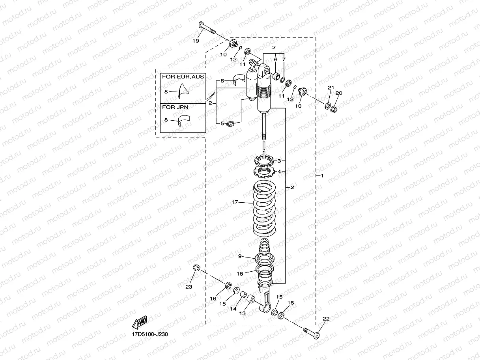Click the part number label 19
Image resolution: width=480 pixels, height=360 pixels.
[x=196, y=41]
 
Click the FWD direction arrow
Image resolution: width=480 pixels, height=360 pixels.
[x=140, y=323]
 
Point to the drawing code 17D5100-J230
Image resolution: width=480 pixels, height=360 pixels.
[x=152, y=334]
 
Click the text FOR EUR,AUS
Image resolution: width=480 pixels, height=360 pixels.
[x=183, y=76]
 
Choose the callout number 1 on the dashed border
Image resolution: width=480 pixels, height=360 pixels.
[x=322, y=175]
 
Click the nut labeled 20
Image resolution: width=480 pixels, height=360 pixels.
[x=334, y=109]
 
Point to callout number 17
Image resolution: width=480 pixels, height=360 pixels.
[x=235, y=202]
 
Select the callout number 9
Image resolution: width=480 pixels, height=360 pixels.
[x=239, y=256]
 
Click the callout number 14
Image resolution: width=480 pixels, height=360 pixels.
[x=233, y=309]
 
